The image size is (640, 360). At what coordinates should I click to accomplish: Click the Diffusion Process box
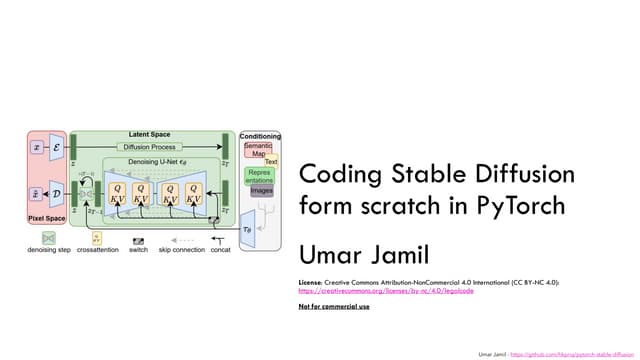coord(151,148)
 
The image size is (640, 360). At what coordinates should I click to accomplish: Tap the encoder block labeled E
coord(55,148)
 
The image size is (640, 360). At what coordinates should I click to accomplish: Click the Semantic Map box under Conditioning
coord(260,150)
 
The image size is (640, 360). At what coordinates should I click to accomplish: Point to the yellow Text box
coord(270,162)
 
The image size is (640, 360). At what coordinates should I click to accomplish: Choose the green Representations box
coord(260,176)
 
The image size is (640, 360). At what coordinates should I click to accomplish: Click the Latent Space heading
coord(150,134)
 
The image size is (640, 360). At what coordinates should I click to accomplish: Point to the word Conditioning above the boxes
coord(260,136)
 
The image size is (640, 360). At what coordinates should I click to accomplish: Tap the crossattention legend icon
coord(96,239)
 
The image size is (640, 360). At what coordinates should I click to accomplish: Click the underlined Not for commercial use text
coord(334,306)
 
